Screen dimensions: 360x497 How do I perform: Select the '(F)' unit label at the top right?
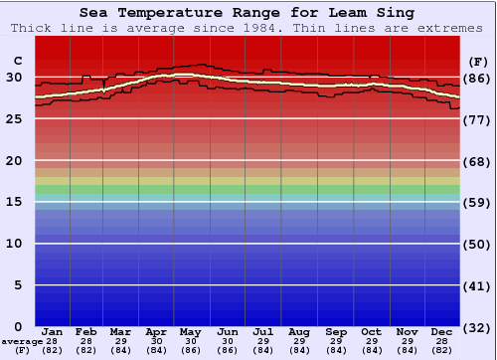(476, 62)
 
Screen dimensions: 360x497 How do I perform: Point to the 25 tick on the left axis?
(16, 118)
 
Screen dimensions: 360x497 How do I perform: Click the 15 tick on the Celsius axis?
(16, 202)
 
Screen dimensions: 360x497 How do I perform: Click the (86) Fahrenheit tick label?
(476, 78)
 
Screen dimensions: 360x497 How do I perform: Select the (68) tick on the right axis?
(476, 161)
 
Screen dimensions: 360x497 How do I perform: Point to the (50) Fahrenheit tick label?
(476, 244)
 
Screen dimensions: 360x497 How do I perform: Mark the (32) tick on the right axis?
(476, 327)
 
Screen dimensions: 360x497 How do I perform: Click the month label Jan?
(53, 331)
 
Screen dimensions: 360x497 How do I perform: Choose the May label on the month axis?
(190, 331)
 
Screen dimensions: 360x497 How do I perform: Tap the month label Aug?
(299, 331)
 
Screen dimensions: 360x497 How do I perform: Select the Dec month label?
(443, 331)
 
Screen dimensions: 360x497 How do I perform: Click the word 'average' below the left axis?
(22, 340)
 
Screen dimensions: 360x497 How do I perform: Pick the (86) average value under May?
(190, 349)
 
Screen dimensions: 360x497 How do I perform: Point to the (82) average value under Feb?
(87, 349)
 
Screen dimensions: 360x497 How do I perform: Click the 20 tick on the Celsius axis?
(16, 160)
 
